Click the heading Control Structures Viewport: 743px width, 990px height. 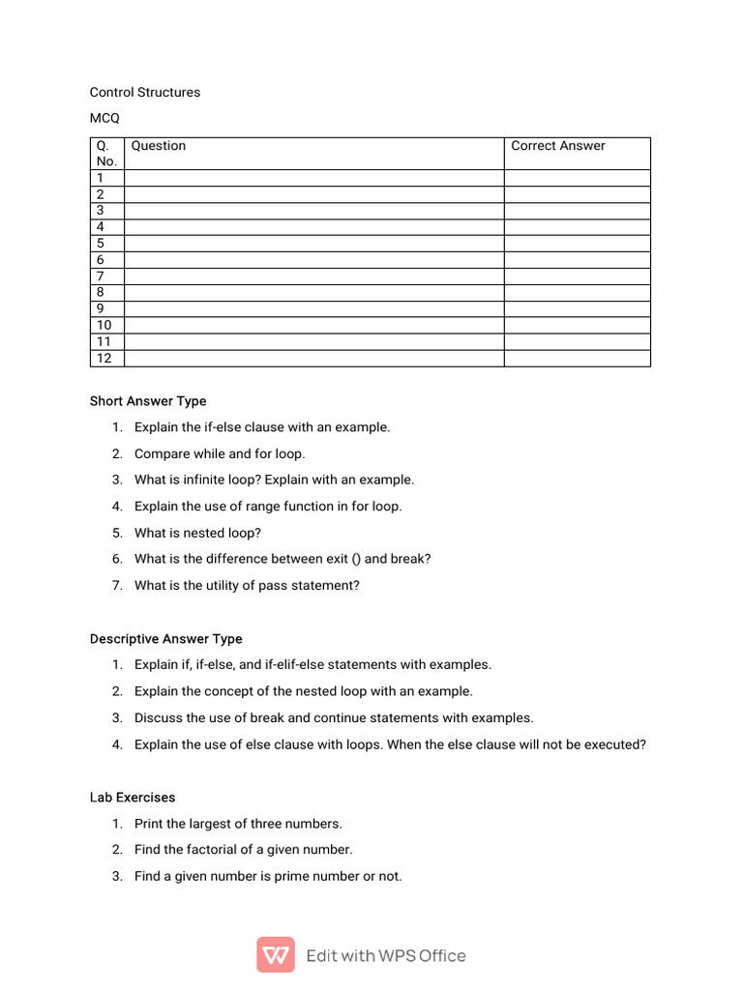click(x=145, y=93)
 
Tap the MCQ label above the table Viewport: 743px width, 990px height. click(x=104, y=119)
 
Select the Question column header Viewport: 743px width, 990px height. click(x=159, y=146)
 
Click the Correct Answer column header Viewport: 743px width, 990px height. click(x=558, y=146)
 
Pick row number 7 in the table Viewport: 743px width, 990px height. click(x=101, y=277)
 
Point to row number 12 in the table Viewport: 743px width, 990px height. click(x=104, y=359)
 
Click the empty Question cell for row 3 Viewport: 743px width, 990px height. click(x=314, y=211)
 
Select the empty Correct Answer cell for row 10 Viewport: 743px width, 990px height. click(x=577, y=326)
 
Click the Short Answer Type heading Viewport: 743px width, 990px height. click(x=148, y=401)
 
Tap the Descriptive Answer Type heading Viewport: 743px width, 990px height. click(x=166, y=639)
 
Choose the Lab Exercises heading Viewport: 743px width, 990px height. click(x=133, y=798)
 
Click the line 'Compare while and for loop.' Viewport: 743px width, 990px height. click(x=220, y=453)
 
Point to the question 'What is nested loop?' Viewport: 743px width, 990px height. click(x=197, y=533)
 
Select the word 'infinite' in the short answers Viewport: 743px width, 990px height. click(x=206, y=480)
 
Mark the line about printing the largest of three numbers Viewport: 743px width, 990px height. click(x=238, y=824)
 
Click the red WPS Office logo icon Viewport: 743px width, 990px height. click(x=276, y=955)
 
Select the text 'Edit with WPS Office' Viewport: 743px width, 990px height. click(x=386, y=956)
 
